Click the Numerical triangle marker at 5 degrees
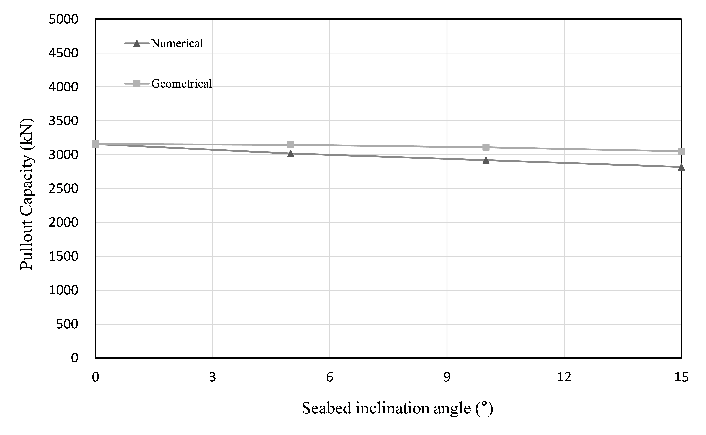point(291,154)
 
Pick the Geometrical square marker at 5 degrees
point(291,145)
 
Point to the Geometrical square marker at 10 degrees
point(486,147)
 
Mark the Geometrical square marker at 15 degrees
point(681,151)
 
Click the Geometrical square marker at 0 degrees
point(96,144)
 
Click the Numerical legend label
point(177,43)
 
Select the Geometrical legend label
point(181,84)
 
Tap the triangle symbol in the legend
point(137,43)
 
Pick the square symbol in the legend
point(137,84)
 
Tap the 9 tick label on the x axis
point(447,377)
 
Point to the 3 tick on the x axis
point(213,377)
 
